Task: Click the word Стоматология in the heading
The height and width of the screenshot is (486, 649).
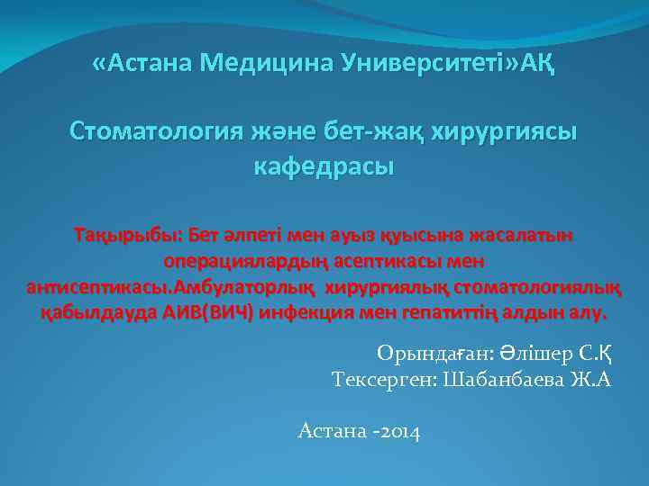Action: (x=152, y=132)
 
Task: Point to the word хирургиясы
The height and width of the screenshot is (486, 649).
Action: (x=506, y=132)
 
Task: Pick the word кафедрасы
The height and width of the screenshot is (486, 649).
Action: (x=324, y=167)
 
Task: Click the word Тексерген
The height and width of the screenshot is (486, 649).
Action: (x=382, y=379)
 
